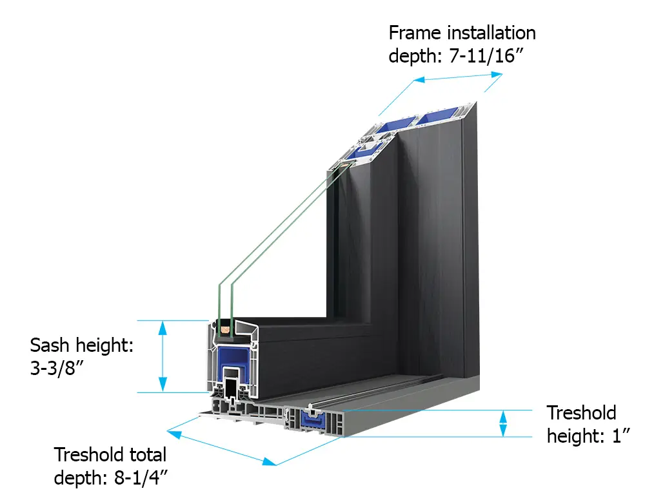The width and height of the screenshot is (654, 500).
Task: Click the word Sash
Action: point(51,345)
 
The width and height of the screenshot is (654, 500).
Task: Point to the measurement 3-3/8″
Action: point(56,372)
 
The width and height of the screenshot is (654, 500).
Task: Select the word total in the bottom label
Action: point(146,455)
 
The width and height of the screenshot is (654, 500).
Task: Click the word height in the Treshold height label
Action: point(573,436)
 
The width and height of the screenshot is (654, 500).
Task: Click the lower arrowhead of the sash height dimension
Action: point(163,385)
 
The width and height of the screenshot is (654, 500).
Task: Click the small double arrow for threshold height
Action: point(504,424)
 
